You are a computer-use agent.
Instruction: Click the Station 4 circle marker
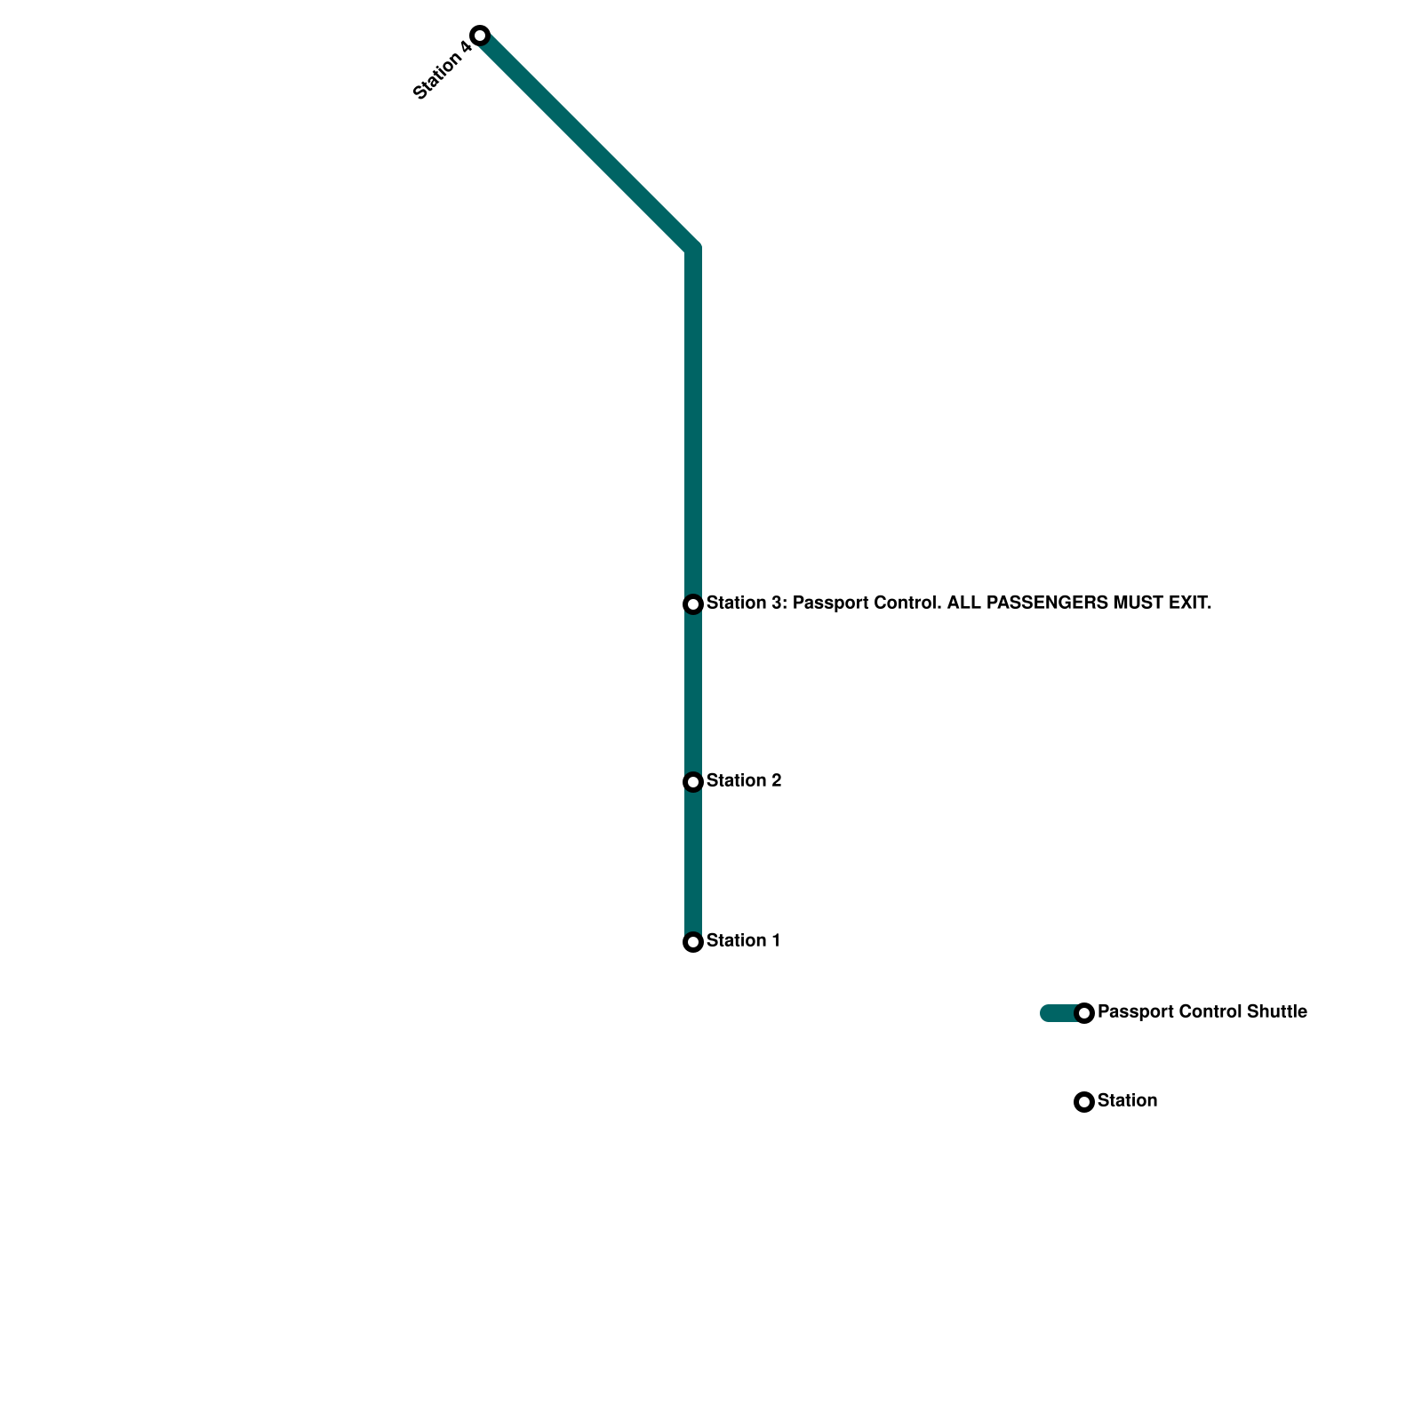coord(480,36)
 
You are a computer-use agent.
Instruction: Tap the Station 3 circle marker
coord(693,604)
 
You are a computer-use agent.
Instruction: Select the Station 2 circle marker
coord(693,782)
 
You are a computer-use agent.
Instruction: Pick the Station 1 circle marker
coord(693,942)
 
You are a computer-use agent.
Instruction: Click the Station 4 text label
coord(443,71)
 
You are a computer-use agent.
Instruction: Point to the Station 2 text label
coord(744,781)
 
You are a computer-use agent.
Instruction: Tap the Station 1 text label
coord(743,941)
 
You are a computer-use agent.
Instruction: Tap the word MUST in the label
coord(1138,603)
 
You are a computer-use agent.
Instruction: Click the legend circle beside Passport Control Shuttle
coord(1084,1013)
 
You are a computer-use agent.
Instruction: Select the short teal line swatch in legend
coord(1059,1013)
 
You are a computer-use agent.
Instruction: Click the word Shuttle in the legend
coord(1277,1012)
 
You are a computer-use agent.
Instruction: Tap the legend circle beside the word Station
coord(1084,1102)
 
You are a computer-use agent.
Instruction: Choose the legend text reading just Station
coord(1127,1101)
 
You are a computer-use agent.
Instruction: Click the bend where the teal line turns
coord(693,249)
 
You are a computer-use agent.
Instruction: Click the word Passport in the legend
coord(1133,1012)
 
